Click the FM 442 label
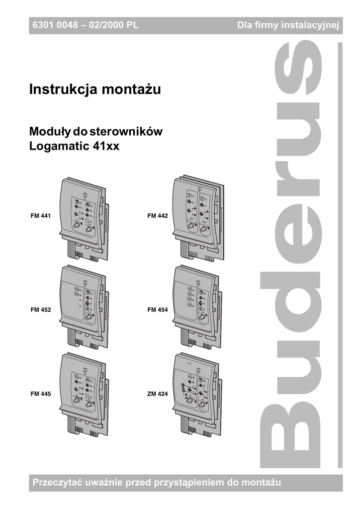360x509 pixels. click(158, 217)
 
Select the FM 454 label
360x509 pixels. click(158, 310)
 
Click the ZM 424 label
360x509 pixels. click(158, 394)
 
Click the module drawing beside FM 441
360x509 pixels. click(83, 219)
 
